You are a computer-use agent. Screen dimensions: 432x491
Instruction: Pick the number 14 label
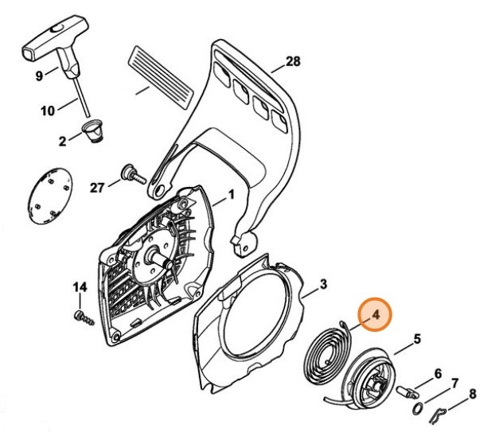coord(80,286)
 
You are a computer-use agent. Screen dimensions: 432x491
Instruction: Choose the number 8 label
coord(472,391)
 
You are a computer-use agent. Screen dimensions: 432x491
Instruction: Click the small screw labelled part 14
coord(84,318)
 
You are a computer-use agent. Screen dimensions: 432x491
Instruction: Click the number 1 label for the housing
coord(230,194)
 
